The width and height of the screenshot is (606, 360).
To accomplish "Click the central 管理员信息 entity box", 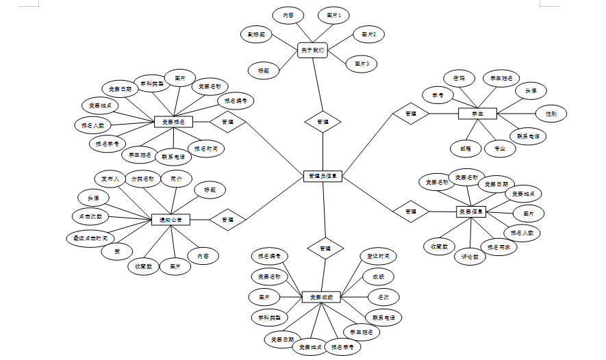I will (x=322, y=176).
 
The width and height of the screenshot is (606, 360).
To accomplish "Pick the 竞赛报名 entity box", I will (x=173, y=122).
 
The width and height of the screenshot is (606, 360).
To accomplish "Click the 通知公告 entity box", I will (x=171, y=220).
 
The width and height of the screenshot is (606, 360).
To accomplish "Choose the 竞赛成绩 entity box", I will (x=321, y=297).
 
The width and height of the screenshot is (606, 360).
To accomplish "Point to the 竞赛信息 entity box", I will (x=472, y=212).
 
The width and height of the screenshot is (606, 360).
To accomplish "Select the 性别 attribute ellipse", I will (x=551, y=114).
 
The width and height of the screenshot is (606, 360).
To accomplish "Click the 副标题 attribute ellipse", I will (x=257, y=34).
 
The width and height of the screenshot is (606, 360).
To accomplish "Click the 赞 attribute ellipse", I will (x=117, y=252).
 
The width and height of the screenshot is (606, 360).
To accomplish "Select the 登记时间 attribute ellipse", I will (x=377, y=257).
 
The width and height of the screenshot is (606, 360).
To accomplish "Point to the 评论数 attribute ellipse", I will (x=470, y=257).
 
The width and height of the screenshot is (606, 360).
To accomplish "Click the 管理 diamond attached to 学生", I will (x=410, y=114).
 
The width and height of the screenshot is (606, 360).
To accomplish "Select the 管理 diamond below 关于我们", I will (x=323, y=122).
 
